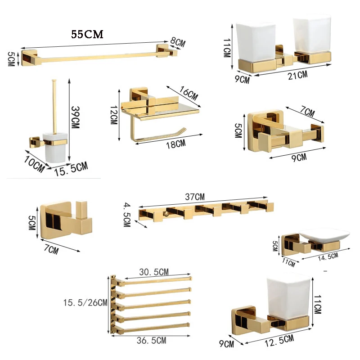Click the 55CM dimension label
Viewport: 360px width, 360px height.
(x=87, y=35)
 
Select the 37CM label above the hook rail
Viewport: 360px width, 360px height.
(x=194, y=197)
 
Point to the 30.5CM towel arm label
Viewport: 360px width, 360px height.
(x=153, y=272)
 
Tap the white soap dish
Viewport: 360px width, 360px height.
(x=326, y=235)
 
